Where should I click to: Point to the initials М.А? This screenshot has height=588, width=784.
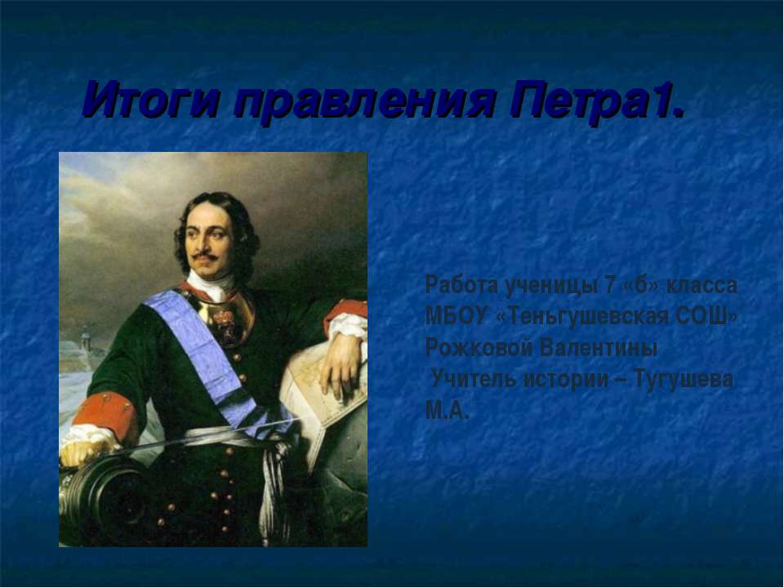tap(447, 410)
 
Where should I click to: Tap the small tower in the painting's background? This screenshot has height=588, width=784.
tap(85, 337)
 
